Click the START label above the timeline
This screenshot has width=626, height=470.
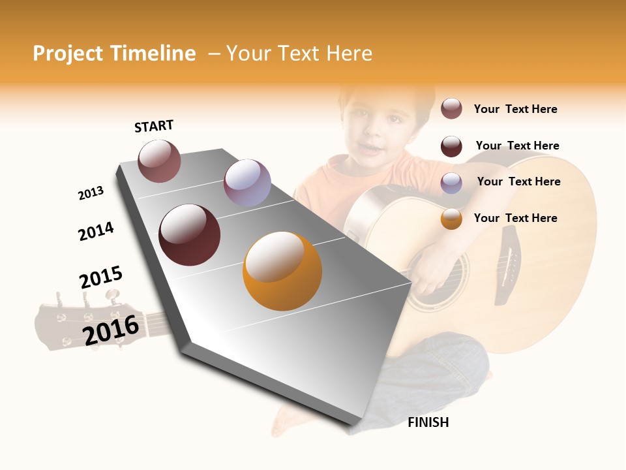154,126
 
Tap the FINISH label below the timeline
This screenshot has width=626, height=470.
428,422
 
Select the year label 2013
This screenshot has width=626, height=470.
91,193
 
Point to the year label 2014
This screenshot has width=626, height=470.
96,231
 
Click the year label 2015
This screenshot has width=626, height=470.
101,277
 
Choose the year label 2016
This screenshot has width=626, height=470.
111,330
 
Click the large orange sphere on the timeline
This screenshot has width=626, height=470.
282,271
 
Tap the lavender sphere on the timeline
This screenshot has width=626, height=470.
247,183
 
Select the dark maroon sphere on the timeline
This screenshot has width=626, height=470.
190,235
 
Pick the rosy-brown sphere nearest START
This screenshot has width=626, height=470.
159,161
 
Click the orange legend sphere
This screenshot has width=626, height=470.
451,219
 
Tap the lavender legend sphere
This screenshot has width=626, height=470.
451,182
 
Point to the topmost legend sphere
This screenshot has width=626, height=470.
451,108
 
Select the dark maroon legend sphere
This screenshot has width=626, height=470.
451,146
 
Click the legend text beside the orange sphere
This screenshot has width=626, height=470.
515,218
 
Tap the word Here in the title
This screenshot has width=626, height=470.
349,54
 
